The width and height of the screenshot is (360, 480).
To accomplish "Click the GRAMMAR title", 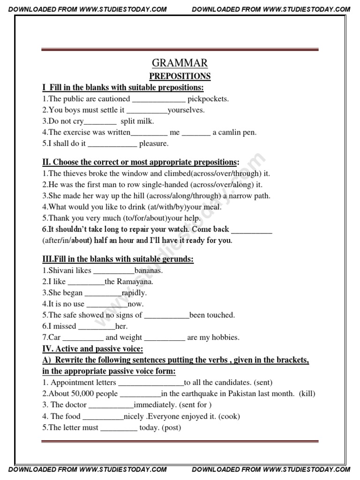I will pos(180,63).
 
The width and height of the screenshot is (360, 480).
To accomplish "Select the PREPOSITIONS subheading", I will pos(180,76).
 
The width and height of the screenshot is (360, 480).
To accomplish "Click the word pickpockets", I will pos(208,99).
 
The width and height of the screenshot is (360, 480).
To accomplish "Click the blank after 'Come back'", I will pos(252,230).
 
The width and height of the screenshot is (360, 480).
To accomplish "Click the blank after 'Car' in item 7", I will pos(83,337).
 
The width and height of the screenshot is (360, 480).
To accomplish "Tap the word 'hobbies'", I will pos(225,337).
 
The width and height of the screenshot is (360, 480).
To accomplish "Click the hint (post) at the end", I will pos(171,427).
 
